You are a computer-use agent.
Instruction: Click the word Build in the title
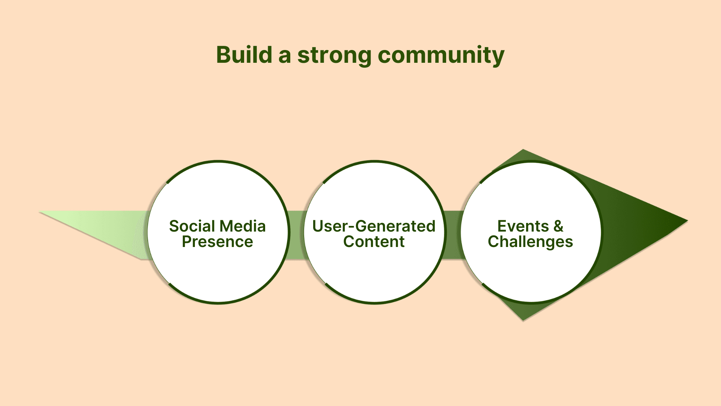(x=244, y=55)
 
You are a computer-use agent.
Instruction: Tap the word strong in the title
(x=334, y=56)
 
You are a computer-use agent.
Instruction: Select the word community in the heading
(x=441, y=56)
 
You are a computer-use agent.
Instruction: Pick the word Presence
(x=217, y=242)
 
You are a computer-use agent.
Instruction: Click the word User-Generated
(x=374, y=226)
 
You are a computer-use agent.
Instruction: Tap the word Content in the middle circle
(x=374, y=242)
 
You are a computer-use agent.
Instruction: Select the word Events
(x=523, y=226)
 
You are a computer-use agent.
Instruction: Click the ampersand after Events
(x=558, y=226)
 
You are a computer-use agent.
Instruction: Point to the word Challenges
(x=530, y=242)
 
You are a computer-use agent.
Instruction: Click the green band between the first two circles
(x=296, y=235)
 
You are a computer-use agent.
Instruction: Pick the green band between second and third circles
(x=453, y=235)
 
